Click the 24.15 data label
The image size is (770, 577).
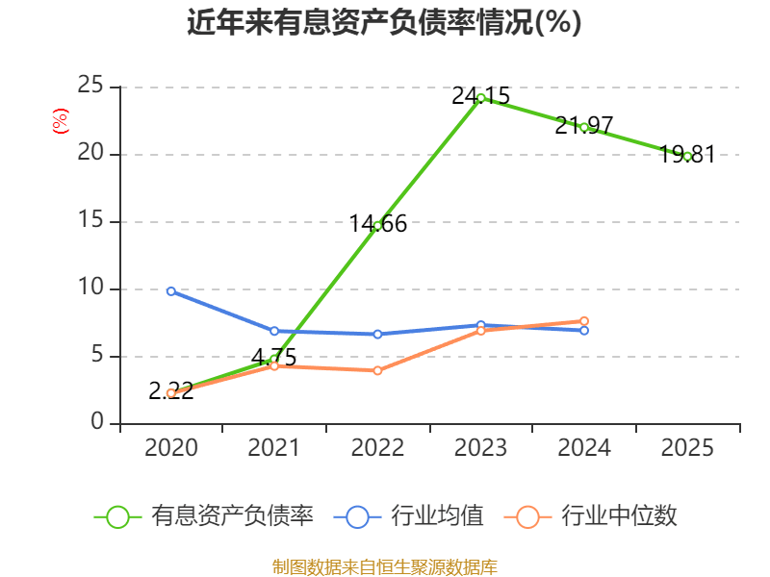[x=481, y=95]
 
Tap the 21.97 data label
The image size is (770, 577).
[x=584, y=125]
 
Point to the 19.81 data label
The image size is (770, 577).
[x=687, y=155]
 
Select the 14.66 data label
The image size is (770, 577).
[x=378, y=224]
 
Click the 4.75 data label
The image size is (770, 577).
[x=274, y=358]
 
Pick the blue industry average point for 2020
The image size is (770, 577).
[x=171, y=290]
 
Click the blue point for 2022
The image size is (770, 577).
[x=377, y=334]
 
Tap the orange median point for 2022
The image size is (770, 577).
[x=377, y=370]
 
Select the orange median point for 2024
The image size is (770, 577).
[x=584, y=321]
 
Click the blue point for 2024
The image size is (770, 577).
[x=584, y=331]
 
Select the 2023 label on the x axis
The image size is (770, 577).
[x=481, y=447]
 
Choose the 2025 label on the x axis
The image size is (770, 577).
[x=687, y=447]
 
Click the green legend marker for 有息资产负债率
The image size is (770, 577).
[x=117, y=516]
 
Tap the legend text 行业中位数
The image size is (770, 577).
[x=619, y=516]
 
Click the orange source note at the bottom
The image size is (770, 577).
[x=385, y=566]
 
